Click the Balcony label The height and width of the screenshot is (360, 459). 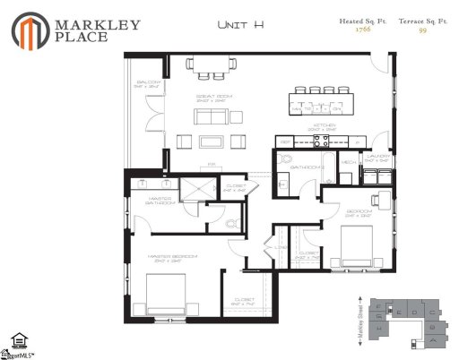148,82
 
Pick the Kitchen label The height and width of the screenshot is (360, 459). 324,126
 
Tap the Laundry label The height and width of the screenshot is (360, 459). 377,157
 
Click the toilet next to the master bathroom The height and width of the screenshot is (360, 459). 230,224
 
